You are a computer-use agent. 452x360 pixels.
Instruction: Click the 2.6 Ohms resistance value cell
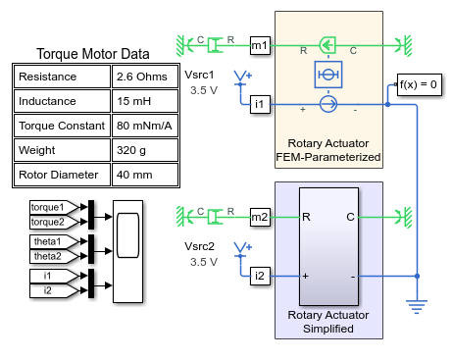pos(145,77)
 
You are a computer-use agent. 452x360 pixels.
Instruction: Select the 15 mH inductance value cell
pos(145,101)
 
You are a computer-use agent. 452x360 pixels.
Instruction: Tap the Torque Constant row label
pos(62,126)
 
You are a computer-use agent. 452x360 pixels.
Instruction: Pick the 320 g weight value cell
pos(145,150)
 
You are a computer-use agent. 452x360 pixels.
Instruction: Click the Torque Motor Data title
pos(93,54)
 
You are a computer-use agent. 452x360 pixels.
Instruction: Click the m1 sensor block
pos(260,46)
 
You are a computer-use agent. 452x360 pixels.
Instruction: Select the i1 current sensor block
pos(260,104)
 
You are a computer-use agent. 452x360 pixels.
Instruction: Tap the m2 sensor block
pos(260,217)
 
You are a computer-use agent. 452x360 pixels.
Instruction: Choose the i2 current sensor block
pos(260,276)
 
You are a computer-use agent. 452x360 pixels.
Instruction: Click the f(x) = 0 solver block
pos(420,84)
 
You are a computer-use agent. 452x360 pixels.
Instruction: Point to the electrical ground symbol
pos(417,307)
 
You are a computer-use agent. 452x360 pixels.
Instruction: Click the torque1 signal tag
pos(54,207)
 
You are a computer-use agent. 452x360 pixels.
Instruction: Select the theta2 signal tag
pos(54,256)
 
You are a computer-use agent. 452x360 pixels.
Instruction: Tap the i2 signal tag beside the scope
pos(54,290)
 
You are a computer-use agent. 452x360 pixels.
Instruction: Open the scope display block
pos(127,251)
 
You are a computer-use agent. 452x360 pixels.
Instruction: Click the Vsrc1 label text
pos(199,75)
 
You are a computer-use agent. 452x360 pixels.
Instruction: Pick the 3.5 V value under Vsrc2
pos(204,262)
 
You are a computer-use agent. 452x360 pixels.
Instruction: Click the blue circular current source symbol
pos(328,104)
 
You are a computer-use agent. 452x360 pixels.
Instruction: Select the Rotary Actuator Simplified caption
pos(328,322)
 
